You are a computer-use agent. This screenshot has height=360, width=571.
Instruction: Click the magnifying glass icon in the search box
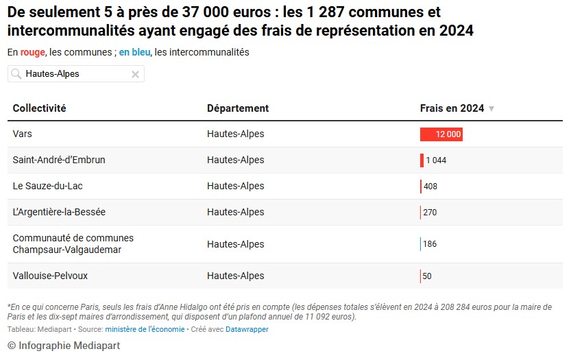pos(15,74)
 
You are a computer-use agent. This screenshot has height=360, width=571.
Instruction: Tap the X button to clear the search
pos(135,74)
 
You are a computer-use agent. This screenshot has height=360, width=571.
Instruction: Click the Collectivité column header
pos(39,108)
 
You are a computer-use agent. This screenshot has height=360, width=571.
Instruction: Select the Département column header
pos(237,108)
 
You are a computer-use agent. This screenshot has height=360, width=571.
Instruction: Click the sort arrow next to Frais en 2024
pos(491,109)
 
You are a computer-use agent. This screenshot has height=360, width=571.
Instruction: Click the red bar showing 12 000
pos(441,134)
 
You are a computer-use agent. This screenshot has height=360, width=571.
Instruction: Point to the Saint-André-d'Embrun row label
pos(59,160)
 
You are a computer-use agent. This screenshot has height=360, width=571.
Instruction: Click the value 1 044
pos(436,160)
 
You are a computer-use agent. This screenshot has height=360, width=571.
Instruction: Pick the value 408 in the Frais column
pos(430,187)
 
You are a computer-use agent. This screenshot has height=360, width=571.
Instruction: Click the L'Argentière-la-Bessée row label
pos(59,212)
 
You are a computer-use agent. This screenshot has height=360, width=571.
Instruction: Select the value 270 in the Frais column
pos(430,213)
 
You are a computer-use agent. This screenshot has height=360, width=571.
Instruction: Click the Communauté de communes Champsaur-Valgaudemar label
pos(73,244)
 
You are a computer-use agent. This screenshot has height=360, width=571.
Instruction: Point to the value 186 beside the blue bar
pos(430,244)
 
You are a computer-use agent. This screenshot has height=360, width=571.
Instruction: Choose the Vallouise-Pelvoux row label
pos(50,276)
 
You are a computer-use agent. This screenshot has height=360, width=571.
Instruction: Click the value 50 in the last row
pos(427,276)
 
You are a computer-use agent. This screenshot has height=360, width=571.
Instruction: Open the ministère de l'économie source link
pos(145,330)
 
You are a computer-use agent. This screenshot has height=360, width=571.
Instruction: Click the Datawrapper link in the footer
pos(247,330)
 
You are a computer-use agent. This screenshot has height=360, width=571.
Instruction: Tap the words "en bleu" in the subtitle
pos(134,52)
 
